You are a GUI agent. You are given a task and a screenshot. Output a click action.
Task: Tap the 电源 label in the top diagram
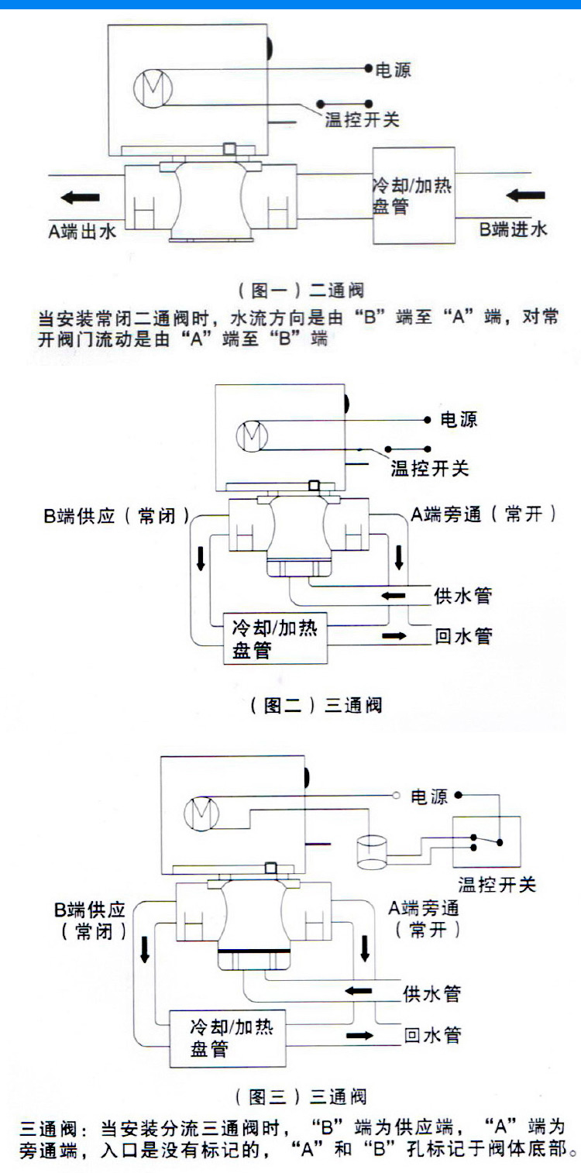coord(393,70)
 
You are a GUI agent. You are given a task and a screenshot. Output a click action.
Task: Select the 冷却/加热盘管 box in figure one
coord(413,195)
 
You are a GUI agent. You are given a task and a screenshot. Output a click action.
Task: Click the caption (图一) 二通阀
coord(301,291)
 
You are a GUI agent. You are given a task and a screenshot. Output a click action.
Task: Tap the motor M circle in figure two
coord(252,436)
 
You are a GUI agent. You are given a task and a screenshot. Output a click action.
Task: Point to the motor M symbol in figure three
coord(204,814)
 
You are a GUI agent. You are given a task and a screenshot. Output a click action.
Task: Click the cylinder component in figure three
coord(371,852)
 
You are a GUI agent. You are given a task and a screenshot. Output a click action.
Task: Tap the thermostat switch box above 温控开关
coord(486,842)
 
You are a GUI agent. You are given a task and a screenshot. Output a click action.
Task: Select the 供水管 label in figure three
coord(432,992)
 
